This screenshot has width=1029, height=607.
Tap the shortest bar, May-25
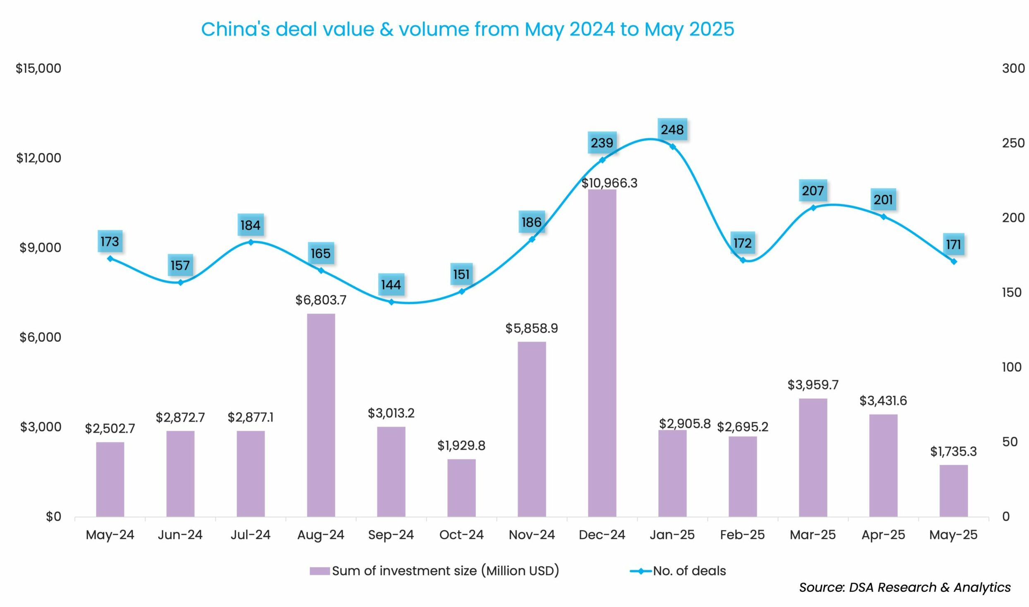tap(953, 491)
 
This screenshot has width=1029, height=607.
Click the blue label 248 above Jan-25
tap(672, 130)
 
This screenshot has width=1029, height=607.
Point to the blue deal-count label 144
tap(391, 285)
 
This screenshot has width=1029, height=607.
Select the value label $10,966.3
tap(609, 183)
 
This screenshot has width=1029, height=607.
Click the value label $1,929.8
tap(461, 446)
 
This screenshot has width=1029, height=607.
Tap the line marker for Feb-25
tap(743, 260)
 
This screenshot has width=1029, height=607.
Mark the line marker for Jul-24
tap(251, 242)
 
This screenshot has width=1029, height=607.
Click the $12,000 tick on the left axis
tap(38, 158)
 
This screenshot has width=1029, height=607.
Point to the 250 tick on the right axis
tap(1013, 143)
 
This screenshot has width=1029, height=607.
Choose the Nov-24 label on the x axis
tap(532, 535)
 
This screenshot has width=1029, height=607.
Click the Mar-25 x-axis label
tap(813, 535)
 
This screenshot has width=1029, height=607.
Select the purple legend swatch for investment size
tap(319, 571)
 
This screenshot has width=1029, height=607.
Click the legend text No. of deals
tap(689, 571)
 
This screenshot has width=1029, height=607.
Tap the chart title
tap(468, 29)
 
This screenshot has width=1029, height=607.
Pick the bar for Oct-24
tap(461, 488)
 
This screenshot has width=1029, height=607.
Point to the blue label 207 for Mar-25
tap(813, 191)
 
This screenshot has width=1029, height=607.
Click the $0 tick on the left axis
tap(53, 517)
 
